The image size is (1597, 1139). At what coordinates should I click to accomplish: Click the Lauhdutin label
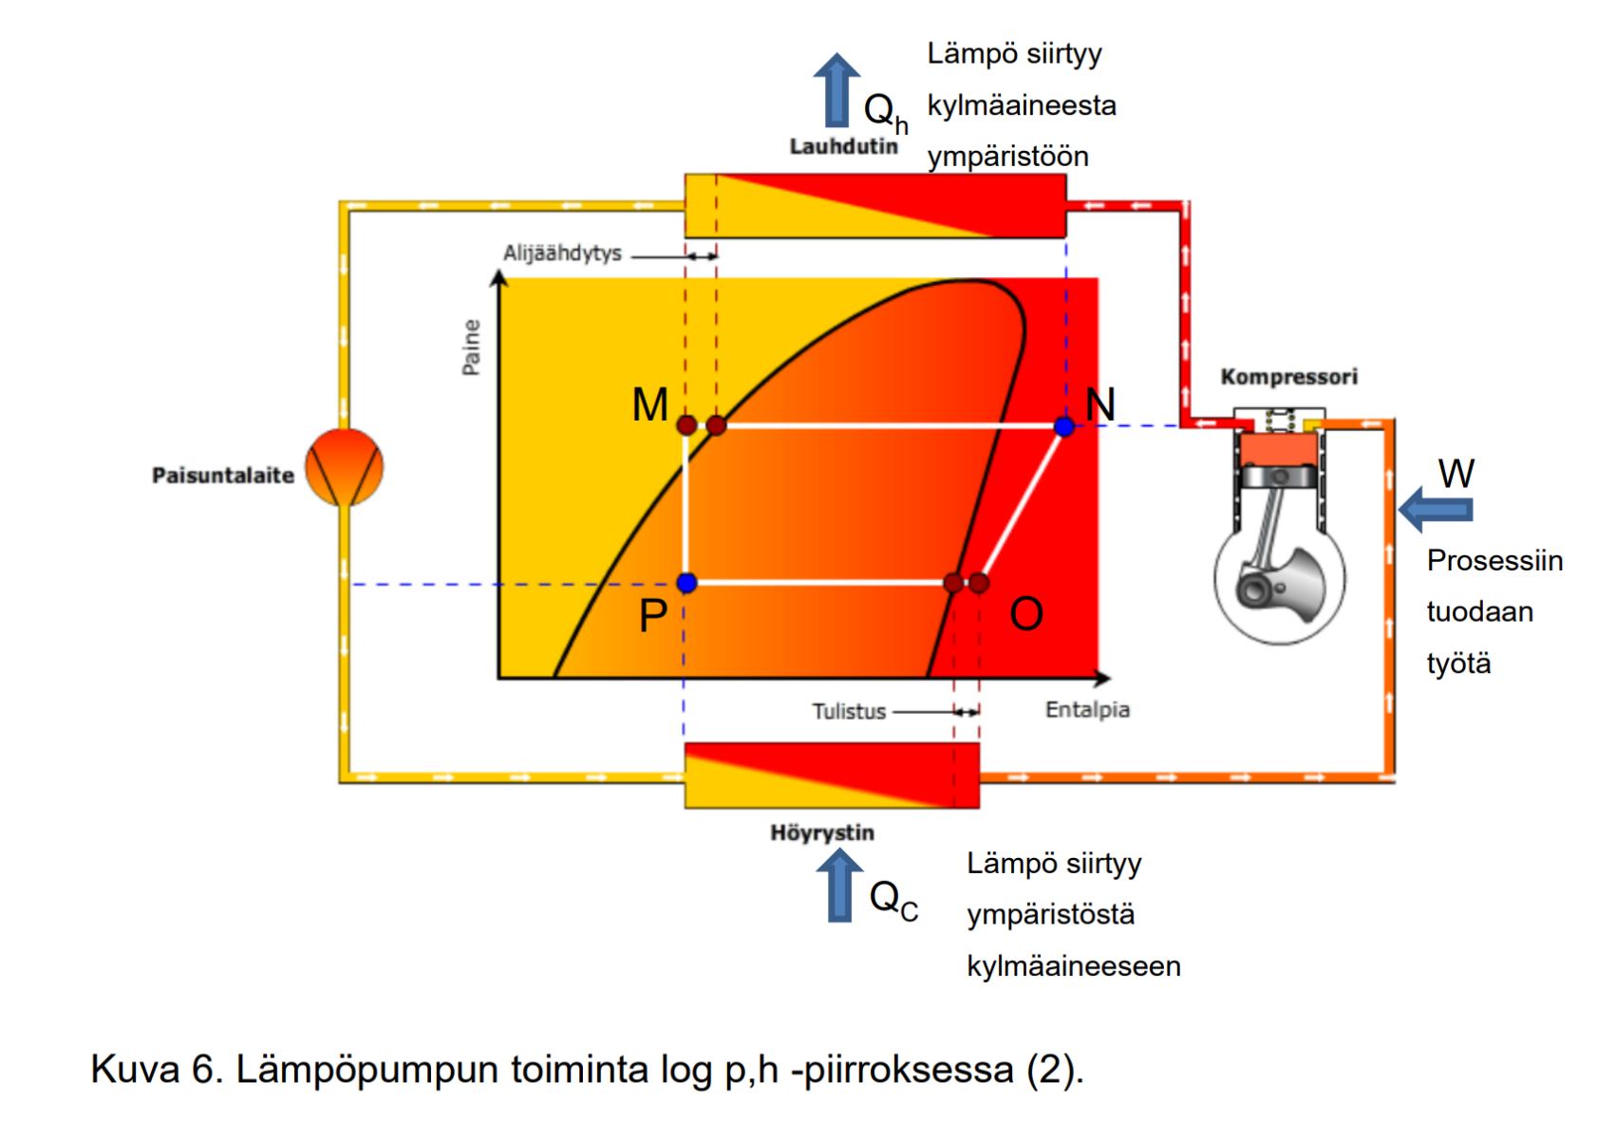click(843, 146)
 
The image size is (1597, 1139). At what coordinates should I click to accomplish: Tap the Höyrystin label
click(822, 832)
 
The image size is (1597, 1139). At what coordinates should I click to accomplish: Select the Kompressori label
click(1288, 377)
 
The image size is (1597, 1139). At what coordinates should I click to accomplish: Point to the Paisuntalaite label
click(223, 475)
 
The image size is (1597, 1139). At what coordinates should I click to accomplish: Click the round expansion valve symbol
click(345, 467)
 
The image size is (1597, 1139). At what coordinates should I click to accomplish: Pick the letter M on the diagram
click(650, 405)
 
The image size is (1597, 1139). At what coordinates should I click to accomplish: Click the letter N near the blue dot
click(1100, 405)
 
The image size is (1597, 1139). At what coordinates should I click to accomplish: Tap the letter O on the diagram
click(1026, 614)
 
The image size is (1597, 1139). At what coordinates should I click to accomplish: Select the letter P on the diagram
click(653, 616)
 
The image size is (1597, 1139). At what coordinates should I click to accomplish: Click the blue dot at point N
click(1064, 427)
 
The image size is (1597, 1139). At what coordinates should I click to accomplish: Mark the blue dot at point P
click(686, 583)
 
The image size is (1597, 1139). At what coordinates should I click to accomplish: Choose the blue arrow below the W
click(1436, 510)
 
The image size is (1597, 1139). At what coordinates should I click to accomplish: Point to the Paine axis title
click(471, 347)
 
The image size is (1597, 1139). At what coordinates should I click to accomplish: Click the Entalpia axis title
click(1087, 710)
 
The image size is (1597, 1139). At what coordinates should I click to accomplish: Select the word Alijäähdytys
click(562, 253)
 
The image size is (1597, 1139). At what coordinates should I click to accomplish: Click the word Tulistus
click(849, 711)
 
